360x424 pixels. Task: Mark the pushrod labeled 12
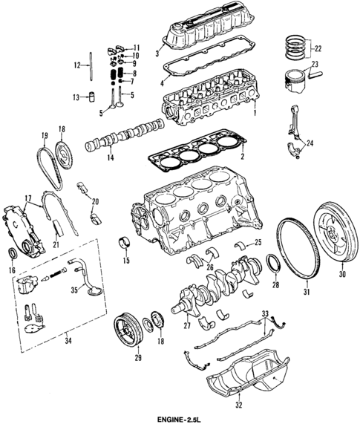pyautogui.click(x=88, y=68)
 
